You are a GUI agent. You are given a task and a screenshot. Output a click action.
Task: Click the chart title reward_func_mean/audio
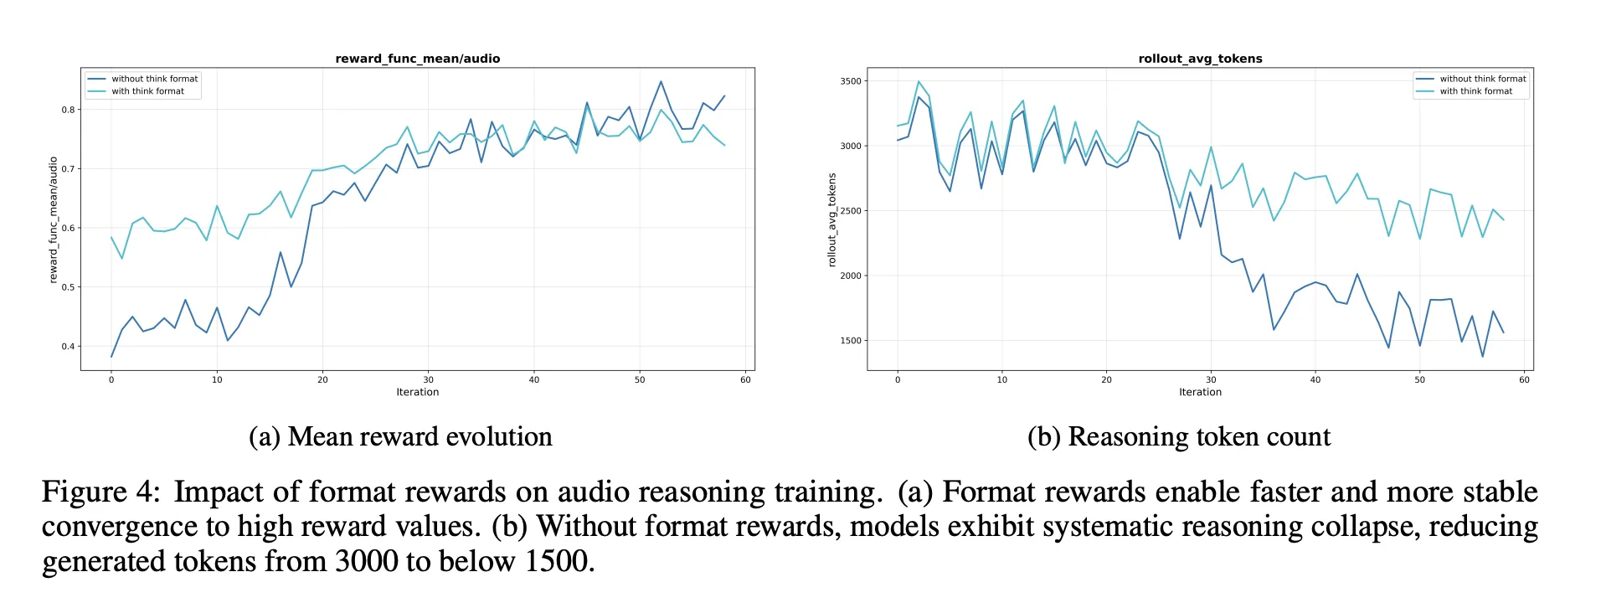pos(417,59)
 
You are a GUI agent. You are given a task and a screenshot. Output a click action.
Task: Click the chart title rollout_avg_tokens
pos(1200,59)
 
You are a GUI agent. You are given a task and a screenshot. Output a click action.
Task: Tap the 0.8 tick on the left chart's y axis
pos(68,110)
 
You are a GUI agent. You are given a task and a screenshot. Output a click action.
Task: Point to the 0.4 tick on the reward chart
pos(68,346)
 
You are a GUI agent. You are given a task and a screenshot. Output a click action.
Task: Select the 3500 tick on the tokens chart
pos(851,81)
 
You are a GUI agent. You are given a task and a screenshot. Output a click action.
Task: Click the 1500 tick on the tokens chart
pos(851,341)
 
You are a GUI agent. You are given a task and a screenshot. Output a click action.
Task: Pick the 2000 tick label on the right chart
pos(851,276)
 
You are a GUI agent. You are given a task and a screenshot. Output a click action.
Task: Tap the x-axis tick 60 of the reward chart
pos(745,380)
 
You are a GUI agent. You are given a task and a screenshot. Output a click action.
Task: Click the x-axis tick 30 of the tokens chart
pos(1211,380)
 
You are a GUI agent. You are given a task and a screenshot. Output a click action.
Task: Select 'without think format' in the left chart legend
pos(154,79)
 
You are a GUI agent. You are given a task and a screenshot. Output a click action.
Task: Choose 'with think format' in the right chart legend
pos(1475,91)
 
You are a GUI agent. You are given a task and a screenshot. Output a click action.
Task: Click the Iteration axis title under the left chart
pos(417,392)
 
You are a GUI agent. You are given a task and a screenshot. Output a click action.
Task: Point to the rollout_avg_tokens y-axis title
pos(831,220)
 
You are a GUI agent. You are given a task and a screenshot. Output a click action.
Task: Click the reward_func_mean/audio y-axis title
pos(54,220)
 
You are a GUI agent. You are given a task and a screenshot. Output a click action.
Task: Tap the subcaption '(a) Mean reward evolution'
pos(400,437)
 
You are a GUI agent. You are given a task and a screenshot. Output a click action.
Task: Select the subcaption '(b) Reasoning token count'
pos(1178,437)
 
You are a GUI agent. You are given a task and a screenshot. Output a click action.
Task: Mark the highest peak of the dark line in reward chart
pos(661,81)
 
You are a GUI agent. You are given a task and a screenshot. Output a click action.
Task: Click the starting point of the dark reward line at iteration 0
pos(111,357)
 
